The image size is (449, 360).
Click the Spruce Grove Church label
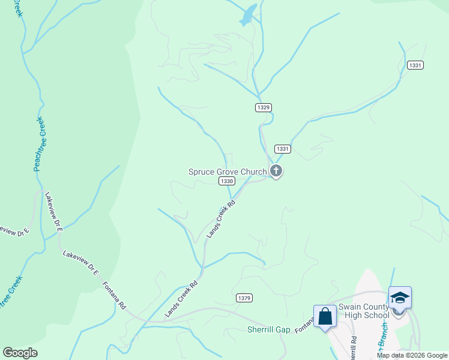228,172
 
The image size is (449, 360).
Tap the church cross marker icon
276,172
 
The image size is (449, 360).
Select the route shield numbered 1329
263,107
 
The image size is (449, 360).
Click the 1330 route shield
226,181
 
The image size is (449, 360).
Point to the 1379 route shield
244,298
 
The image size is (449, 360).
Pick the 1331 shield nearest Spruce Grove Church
283,149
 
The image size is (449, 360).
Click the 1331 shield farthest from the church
415,65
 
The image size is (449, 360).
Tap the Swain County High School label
364,311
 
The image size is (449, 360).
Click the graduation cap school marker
400,298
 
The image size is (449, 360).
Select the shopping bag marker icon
325,316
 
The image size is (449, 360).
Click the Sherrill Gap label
269,329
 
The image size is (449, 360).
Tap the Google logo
20,353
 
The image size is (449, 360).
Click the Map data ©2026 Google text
412,355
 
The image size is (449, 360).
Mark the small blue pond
248,15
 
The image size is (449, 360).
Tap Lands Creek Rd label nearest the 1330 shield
220,218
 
